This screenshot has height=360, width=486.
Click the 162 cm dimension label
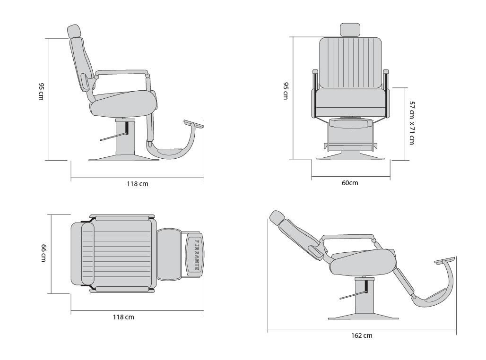[x=361, y=335]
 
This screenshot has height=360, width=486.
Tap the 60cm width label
[x=350, y=183]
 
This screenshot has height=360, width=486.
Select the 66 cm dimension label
[x=43, y=252]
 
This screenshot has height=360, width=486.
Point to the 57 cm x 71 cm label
[x=412, y=123]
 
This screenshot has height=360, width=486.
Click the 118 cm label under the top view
[x=123, y=317]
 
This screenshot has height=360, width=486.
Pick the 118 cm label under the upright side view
[x=137, y=184]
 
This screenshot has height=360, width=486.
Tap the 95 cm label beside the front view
[x=286, y=91]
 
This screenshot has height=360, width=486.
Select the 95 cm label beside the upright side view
[x=42, y=91]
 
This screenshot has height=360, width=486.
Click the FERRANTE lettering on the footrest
[x=197, y=255]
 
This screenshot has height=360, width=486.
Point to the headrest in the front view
[x=350, y=29]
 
